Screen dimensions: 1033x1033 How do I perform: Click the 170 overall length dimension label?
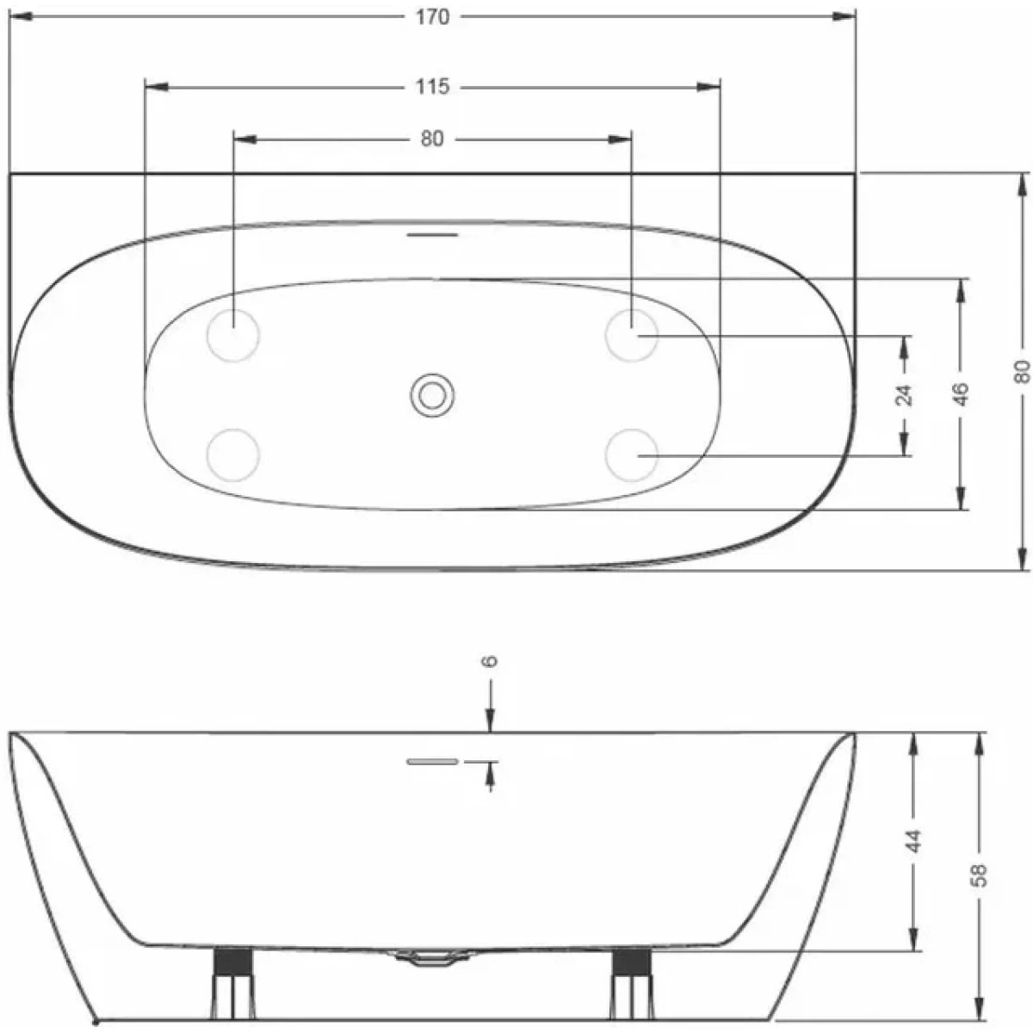coord(433,18)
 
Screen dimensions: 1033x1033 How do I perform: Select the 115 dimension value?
coord(433,87)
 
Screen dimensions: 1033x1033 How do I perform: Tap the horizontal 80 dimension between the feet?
coord(432,139)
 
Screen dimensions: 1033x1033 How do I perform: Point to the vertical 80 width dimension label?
coord(1022,371)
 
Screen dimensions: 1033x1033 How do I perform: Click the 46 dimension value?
coord(962,394)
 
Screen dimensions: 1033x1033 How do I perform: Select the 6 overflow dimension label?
coord(491,660)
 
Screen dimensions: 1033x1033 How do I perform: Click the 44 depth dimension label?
coord(913,841)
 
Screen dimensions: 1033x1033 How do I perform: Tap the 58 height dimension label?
coord(979,875)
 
